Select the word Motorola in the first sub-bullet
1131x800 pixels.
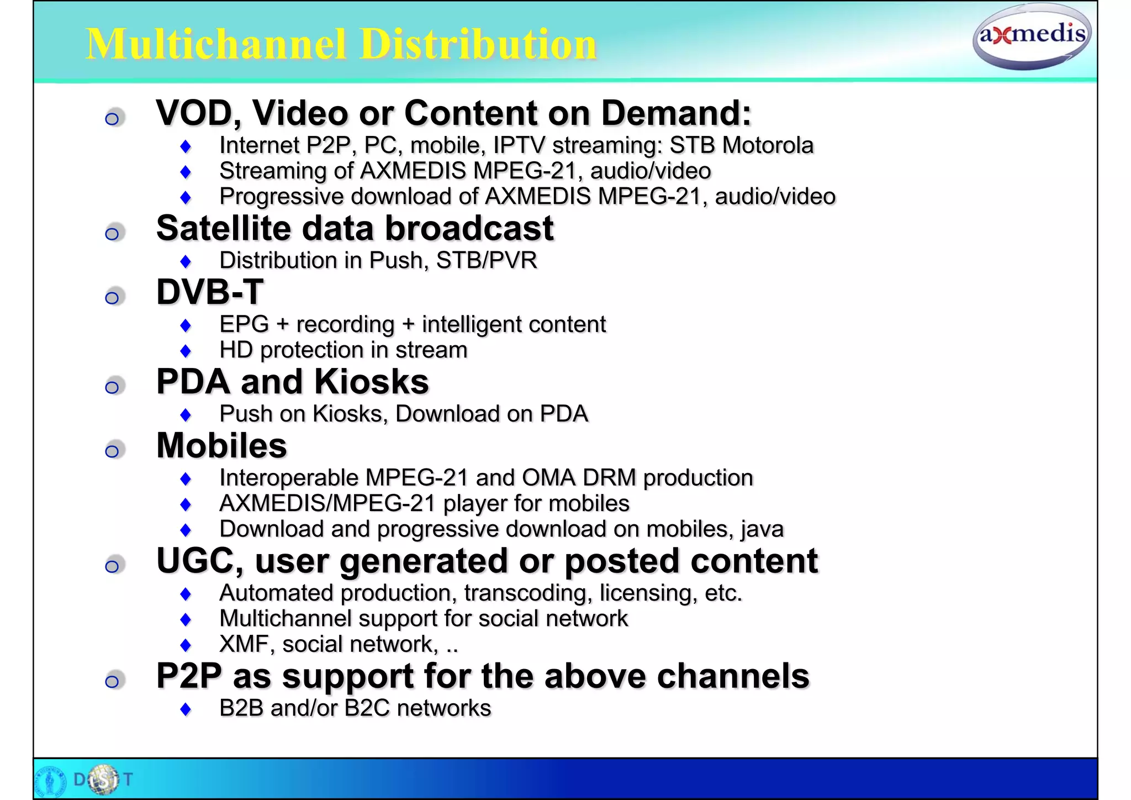(768, 145)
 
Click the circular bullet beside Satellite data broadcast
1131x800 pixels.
(113, 233)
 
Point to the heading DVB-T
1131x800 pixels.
(210, 292)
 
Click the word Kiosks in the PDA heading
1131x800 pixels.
(371, 382)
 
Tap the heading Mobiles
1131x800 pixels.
(221, 446)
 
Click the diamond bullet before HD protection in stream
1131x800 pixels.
(186, 351)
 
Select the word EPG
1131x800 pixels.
(244, 324)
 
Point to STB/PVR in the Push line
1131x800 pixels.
(487, 261)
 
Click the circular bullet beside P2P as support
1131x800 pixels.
(113, 681)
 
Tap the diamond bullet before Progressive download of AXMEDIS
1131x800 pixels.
(186, 197)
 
